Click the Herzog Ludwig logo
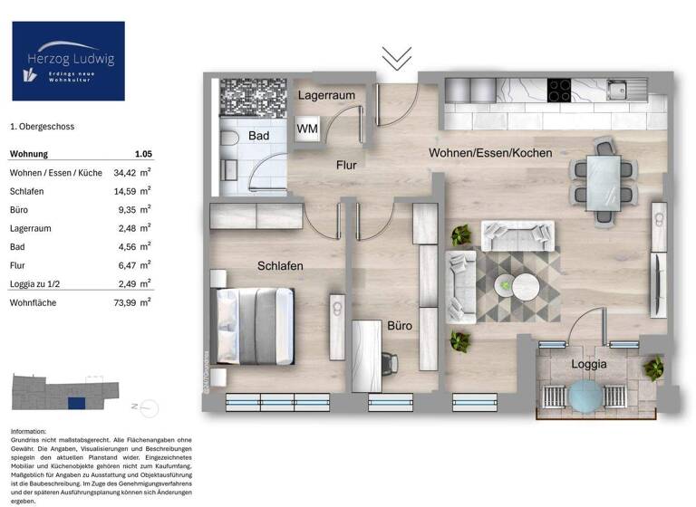68,61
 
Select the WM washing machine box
308,129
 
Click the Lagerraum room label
327,95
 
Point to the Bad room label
259,136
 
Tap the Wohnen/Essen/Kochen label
490,153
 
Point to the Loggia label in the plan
589,364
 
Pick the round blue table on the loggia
586,397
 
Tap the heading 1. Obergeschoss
43,129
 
